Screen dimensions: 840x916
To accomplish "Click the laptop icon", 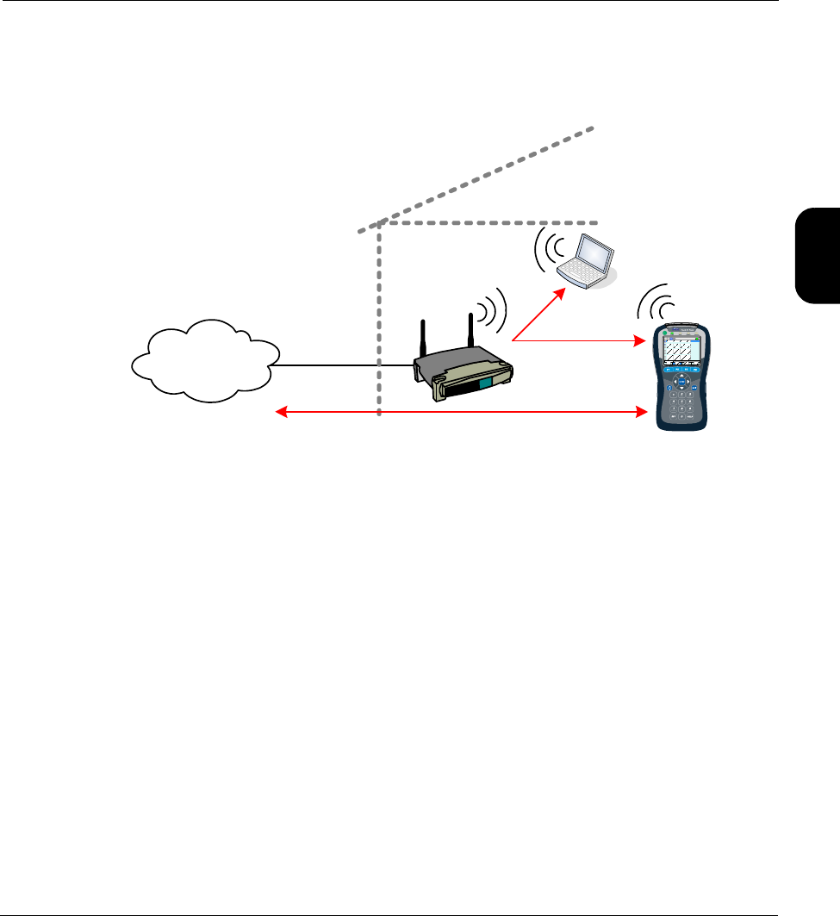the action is pyautogui.click(x=586, y=262).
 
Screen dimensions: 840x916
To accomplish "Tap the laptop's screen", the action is pyautogui.click(x=594, y=252).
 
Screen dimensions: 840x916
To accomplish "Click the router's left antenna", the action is pyautogui.click(x=423, y=340).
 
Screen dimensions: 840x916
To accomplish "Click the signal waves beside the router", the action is pyautogui.click(x=494, y=309).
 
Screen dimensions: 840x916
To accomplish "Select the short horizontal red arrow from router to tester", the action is pyautogui.click(x=586, y=341).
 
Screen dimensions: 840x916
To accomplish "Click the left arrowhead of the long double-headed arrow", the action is pyautogui.click(x=279, y=414).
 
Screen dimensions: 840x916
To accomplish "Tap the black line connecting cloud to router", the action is pyautogui.click(x=345, y=365).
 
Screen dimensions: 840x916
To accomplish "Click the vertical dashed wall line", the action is pyautogui.click(x=379, y=319).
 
